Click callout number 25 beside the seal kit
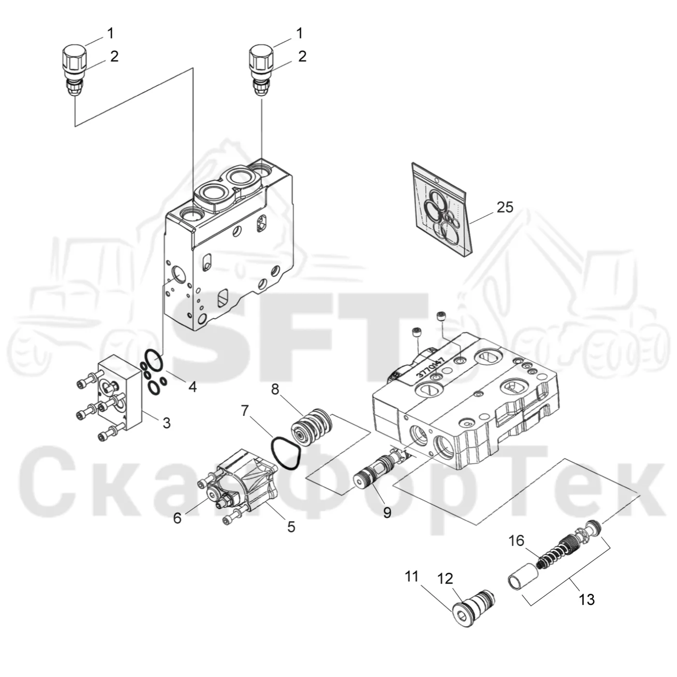point(505,207)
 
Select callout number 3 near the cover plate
point(166,423)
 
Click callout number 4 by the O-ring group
point(192,386)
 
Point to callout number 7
point(245,411)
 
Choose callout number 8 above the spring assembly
point(275,389)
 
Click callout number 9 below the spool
point(387,513)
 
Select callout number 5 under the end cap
point(291,527)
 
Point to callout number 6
point(177,518)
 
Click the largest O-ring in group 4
point(153,359)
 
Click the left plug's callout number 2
point(114,56)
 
